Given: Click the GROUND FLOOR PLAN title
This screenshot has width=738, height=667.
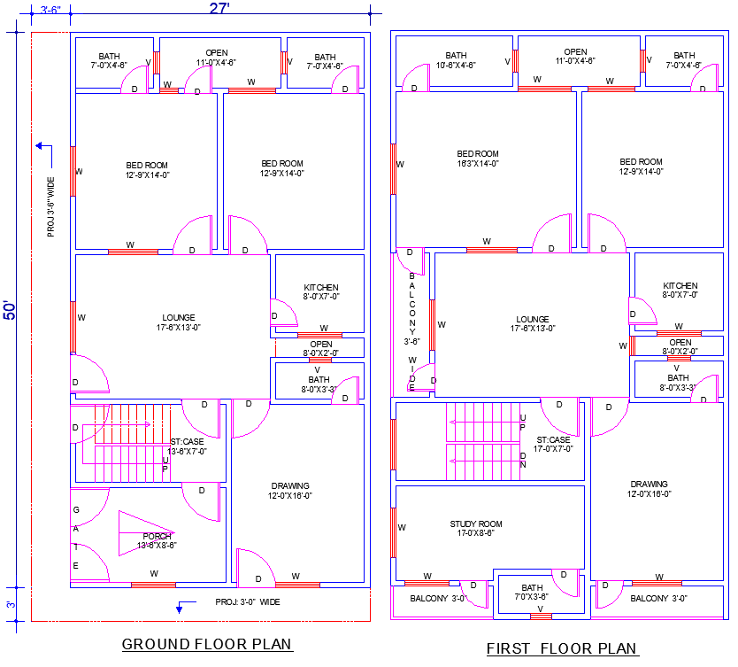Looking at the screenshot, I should point(206,644).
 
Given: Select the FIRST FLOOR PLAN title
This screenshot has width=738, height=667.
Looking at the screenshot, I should point(562,648).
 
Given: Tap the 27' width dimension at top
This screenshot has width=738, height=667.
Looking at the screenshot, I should point(219,9).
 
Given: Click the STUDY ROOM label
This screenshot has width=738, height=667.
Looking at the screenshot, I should point(476,529).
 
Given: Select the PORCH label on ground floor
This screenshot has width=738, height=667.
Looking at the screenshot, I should point(157,540).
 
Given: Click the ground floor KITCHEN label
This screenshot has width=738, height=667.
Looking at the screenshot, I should point(321,292).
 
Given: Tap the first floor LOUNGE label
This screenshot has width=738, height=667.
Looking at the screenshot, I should point(531,324).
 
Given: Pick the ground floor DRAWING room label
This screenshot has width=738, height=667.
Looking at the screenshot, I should point(290,491).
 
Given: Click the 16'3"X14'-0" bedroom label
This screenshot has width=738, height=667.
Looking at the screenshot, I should point(477,159).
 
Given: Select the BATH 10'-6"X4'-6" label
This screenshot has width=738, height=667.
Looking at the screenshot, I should point(456,60).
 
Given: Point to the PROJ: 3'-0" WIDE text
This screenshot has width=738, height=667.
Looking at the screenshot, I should point(248,602).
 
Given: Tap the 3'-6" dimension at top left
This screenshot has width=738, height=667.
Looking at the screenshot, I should point(50,10).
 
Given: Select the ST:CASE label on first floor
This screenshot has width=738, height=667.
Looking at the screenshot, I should point(554,444).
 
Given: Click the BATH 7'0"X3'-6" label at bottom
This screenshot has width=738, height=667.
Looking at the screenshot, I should point(532,593).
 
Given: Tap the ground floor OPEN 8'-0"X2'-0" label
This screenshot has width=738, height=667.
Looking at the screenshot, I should point(321,348).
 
